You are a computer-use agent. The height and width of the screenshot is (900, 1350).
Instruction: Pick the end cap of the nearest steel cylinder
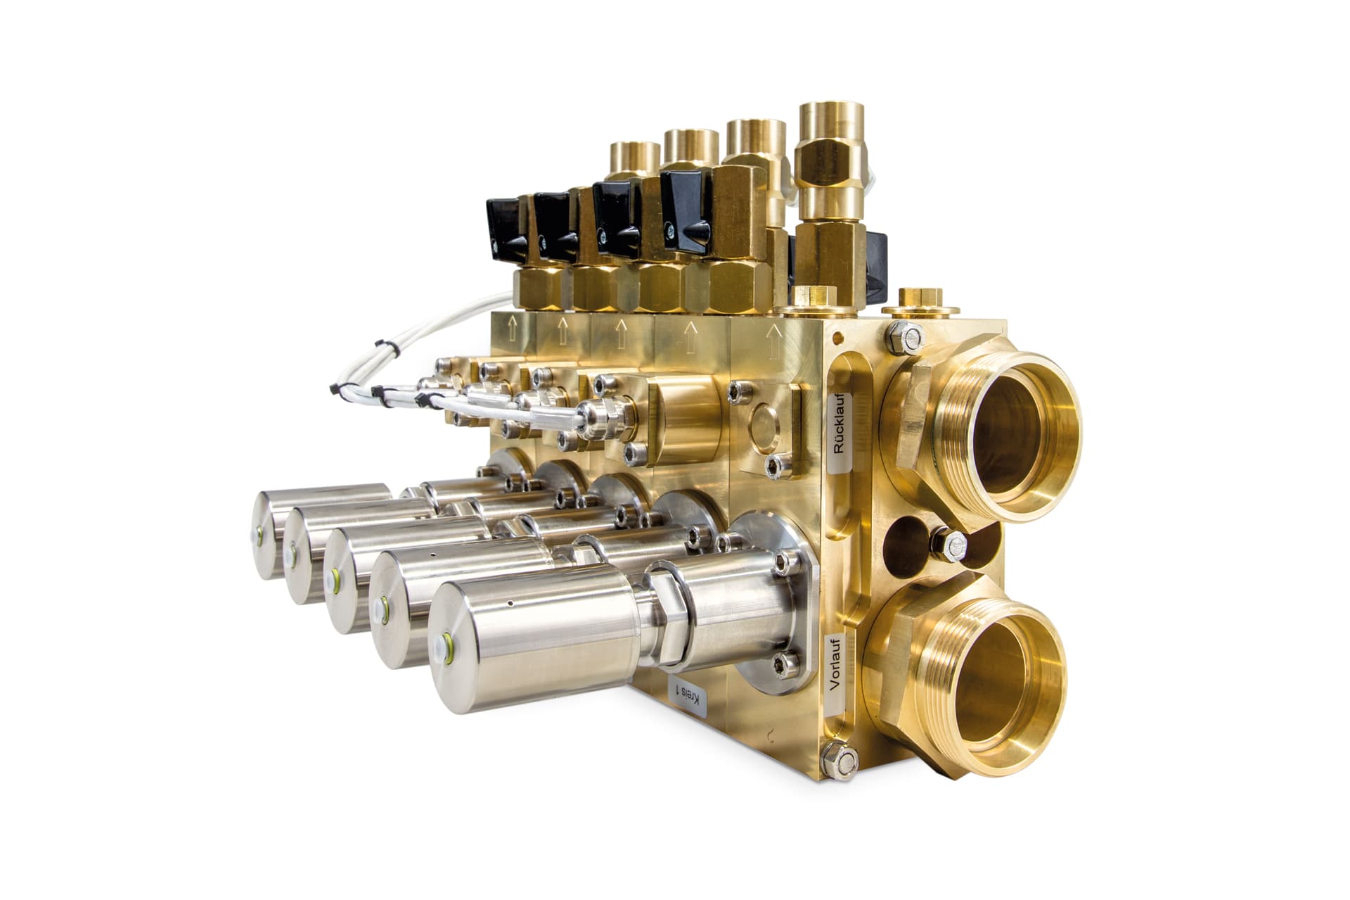pos(458,642)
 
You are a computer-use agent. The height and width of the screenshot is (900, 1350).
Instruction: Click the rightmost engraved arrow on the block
pos(775,334)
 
